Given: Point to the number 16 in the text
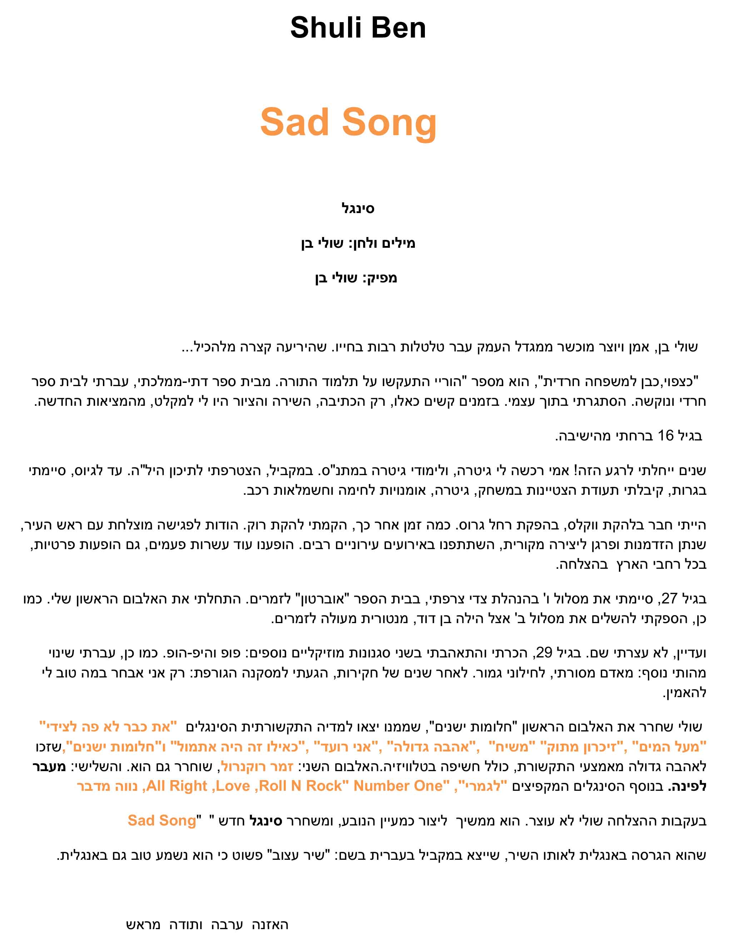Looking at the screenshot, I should (x=666, y=435).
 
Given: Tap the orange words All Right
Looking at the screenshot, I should (x=177, y=785).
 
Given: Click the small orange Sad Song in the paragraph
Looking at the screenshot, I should (x=162, y=820).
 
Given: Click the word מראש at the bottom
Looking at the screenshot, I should (x=143, y=925).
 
